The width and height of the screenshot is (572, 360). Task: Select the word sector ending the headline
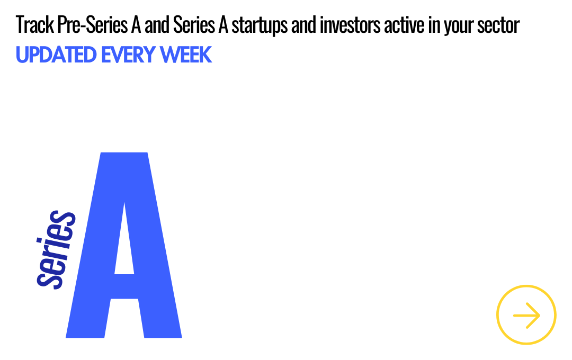[498, 25]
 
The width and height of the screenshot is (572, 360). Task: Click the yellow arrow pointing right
[526, 316]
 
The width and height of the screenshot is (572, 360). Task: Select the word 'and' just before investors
[304, 25]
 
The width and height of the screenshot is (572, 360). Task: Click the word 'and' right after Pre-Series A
[157, 25]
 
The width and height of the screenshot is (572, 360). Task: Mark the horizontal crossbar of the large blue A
[124, 286]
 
